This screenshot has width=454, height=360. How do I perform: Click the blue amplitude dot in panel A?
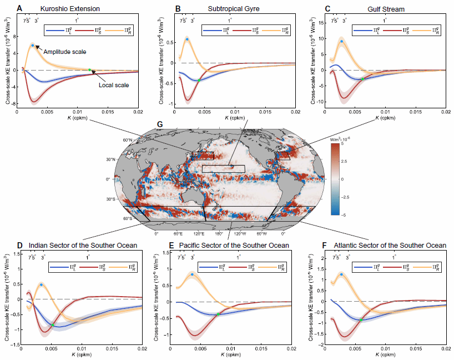pos(33,46)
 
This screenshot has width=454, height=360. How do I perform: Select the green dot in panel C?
pos(363,79)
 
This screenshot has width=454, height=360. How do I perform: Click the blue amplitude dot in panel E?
pos(192,274)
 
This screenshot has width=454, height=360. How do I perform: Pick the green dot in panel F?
pos(361,320)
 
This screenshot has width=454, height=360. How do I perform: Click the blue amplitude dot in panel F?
pos(341,274)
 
